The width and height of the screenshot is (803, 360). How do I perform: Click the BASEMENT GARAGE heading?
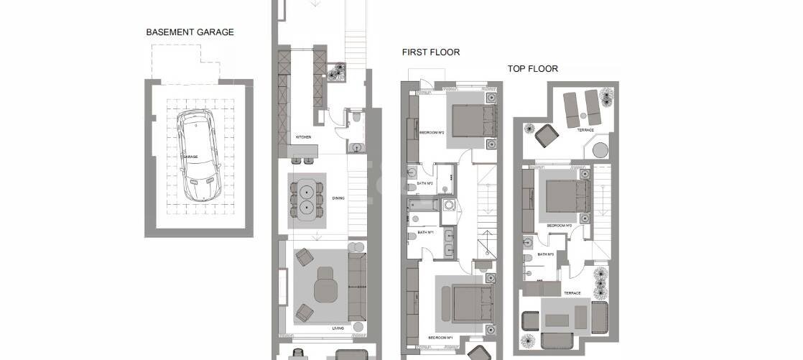[x=190, y=32]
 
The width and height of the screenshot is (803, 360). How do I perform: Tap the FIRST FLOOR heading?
[x=431, y=52]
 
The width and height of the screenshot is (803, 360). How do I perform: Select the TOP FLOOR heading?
[x=533, y=69]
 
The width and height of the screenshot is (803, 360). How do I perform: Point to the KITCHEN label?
[x=303, y=137]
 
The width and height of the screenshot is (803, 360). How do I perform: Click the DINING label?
[x=338, y=199]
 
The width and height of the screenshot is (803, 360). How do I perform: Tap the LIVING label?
[x=338, y=328]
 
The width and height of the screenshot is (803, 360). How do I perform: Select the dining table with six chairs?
[x=307, y=200]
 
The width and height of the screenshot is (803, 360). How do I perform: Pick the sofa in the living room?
[x=356, y=284]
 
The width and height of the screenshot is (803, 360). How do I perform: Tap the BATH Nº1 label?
[x=427, y=233]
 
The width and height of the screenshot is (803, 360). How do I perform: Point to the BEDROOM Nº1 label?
[x=439, y=337]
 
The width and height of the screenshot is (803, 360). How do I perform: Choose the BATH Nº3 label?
[x=546, y=254]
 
